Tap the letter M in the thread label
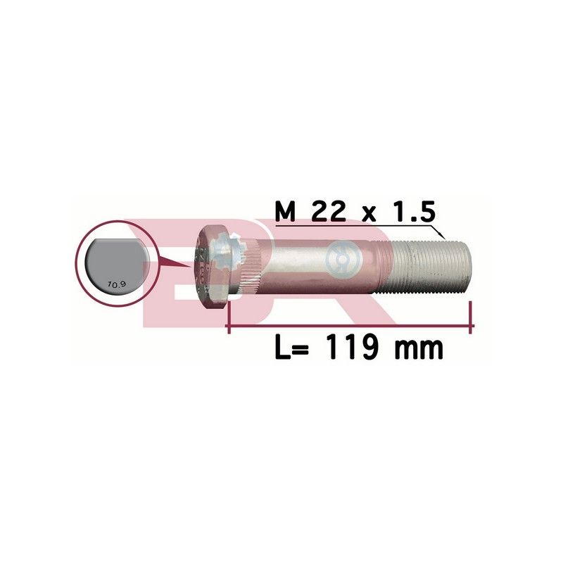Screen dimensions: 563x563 [x=285, y=211]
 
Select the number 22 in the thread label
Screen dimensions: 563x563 [x=329, y=211]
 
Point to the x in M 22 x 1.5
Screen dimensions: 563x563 [x=368, y=214]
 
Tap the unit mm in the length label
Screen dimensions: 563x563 [x=419, y=350]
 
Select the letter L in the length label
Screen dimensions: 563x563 [x=282, y=347]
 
